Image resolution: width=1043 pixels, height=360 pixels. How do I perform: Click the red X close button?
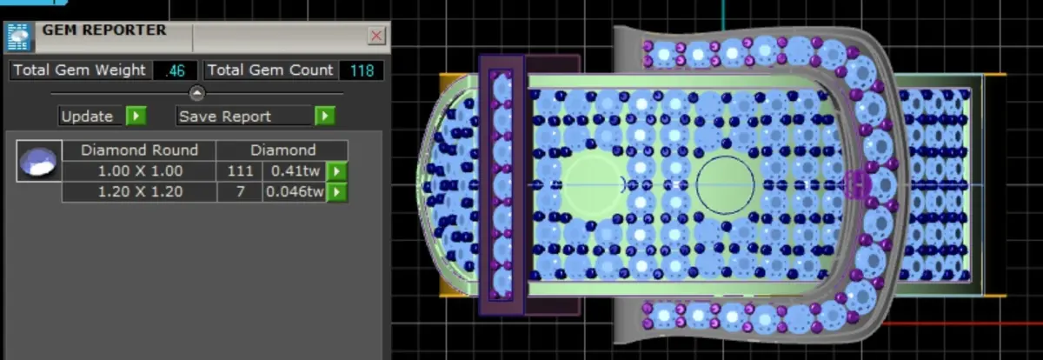tap(376, 36)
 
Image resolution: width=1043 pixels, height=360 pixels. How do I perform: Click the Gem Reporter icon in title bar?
tap(18, 37)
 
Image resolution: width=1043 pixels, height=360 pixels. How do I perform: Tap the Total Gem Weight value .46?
tap(175, 70)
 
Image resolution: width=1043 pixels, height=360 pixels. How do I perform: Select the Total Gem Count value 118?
tap(362, 70)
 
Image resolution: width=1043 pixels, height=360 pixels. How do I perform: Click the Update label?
tap(87, 116)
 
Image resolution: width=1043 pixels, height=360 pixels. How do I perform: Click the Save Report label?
tap(225, 116)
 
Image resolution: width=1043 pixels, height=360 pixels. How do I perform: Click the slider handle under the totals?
tap(197, 93)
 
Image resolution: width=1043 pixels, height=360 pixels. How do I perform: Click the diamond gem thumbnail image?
tap(39, 161)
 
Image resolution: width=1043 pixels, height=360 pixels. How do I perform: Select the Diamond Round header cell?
tap(139, 150)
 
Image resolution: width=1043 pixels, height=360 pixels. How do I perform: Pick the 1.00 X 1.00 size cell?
tap(140, 171)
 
